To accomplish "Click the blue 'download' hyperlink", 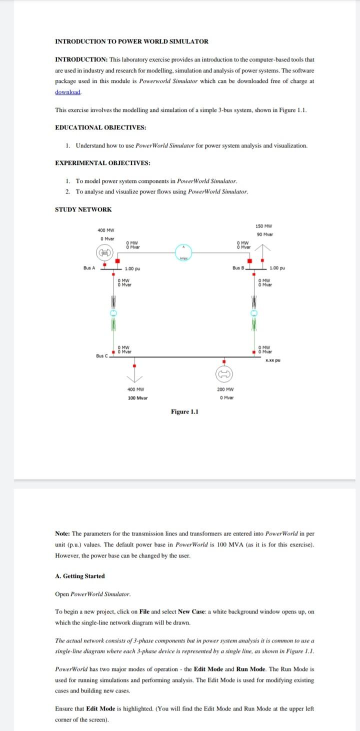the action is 67,92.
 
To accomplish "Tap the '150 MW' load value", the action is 263,226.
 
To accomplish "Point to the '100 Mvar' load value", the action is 137,398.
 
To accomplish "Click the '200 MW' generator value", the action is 226,389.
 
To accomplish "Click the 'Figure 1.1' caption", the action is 184,411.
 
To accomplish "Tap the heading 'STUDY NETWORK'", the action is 83,209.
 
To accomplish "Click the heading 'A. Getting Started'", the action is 79,576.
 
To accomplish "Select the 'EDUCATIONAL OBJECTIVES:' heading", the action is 100,127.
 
